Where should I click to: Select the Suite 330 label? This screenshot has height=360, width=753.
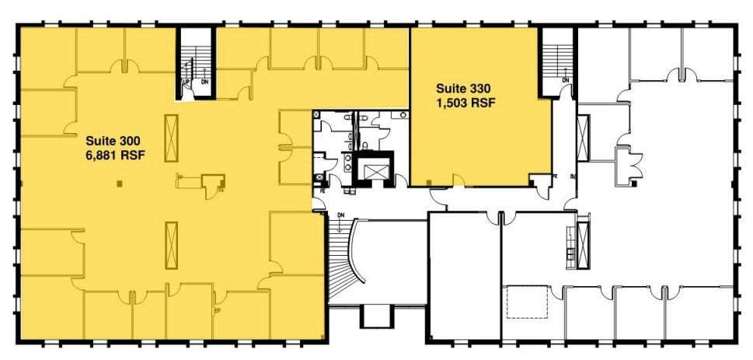pos(464,87)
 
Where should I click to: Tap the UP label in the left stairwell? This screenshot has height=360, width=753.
pos(186,81)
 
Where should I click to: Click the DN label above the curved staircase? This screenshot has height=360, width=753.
pos(340,215)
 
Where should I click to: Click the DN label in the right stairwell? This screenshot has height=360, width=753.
pos(565,80)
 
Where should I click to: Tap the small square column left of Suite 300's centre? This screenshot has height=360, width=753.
pos(118,184)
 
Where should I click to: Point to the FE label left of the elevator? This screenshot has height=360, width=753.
pos(321,188)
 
